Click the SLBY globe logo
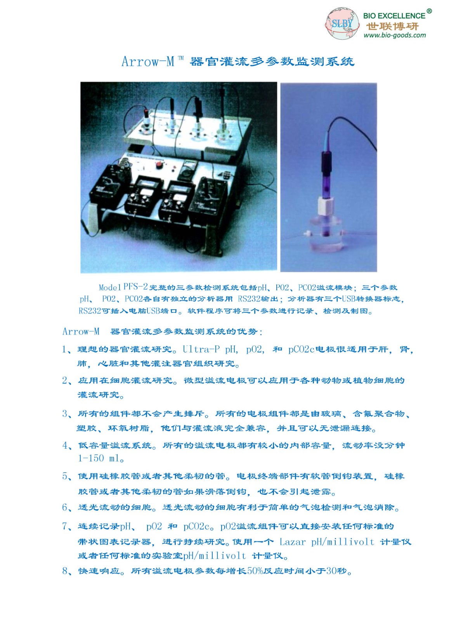342,23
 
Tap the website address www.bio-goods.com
395,35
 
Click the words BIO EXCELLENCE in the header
394,16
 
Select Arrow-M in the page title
148,61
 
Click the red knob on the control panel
159,165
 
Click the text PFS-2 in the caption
135,286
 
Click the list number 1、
67,349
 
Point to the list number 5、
67,476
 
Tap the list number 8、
67,571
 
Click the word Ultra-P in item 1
201,349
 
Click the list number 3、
67,414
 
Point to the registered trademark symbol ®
429,11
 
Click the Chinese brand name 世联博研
392,26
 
